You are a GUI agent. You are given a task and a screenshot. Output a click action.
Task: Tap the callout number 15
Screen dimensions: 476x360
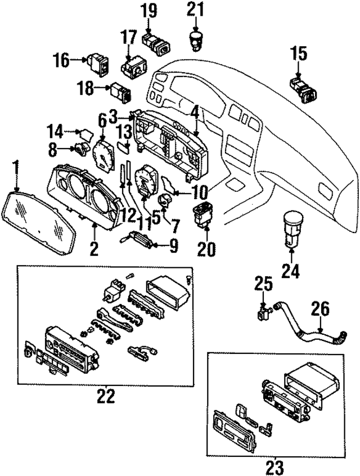pyautogui.click(x=299, y=54)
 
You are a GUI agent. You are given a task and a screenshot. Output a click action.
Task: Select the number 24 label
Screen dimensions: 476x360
pyautogui.click(x=291, y=272)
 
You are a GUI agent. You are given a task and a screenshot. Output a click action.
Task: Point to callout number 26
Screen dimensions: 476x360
pyautogui.click(x=322, y=309)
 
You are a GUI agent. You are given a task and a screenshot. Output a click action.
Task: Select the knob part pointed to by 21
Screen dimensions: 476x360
pyautogui.click(x=195, y=39)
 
